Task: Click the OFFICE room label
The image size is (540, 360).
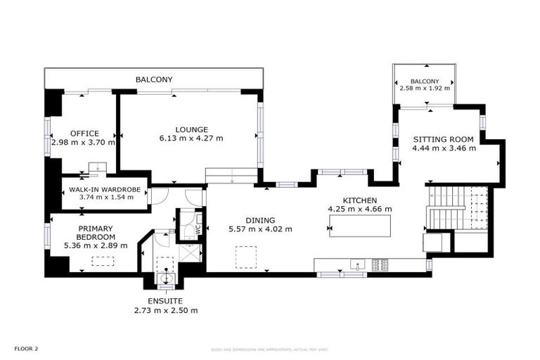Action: (84, 133)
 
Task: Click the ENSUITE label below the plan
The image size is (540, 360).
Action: (166, 300)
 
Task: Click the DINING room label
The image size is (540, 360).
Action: (259, 219)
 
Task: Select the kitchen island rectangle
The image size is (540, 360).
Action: (359, 226)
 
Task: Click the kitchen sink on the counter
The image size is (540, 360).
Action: (356, 265)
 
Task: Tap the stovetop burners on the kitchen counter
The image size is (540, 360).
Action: (380, 265)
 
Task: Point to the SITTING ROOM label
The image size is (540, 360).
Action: (444, 139)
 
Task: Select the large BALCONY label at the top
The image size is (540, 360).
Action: (153, 79)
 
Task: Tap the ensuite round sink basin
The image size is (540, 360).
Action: (167, 277)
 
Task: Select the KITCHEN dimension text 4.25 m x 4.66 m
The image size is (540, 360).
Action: (360, 209)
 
